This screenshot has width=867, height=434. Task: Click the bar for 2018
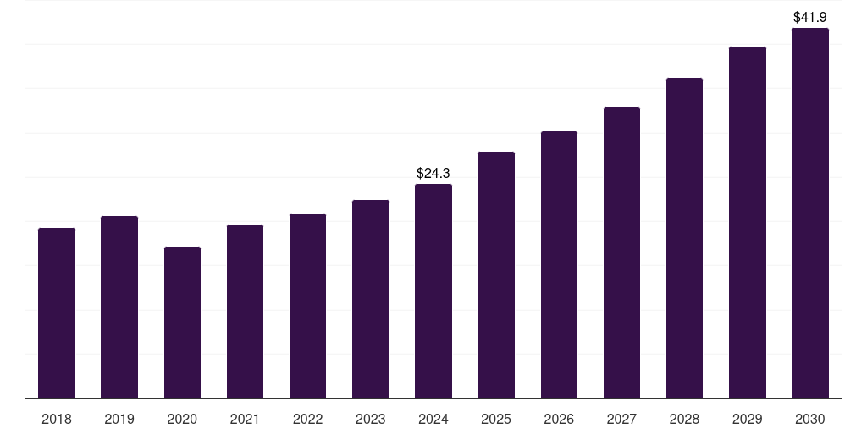(x=57, y=313)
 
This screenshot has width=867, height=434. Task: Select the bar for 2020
(x=182, y=322)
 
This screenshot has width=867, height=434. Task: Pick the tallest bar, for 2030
(x=810, y=213)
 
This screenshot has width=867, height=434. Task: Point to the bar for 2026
(x=559, y=264)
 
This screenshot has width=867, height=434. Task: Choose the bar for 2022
(x=307, y=305)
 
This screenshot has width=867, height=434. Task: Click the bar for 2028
(x=684, y=237)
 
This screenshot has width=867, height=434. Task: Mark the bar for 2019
(x=119, y=307)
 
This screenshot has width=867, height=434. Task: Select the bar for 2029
(x=748, y=222)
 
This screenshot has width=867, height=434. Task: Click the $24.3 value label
(x=433, y=173)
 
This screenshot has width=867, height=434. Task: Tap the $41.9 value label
(x=810, y=17)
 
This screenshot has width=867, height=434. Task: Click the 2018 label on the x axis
(x=57, y=419)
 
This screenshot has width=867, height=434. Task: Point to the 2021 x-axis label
(x=245, y=419)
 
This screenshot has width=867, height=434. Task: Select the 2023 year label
(x=371, y=419)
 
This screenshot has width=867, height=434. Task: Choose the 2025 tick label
(x=496, y=419)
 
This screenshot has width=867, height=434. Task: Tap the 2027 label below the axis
(x=621, y=419)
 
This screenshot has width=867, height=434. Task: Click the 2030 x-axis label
(x=810, y=419)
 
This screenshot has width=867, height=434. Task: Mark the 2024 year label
(x=433, y=419)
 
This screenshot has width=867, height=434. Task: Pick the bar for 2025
(x=496, y=275)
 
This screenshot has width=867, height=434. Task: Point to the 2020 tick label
(x=182, y=419)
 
